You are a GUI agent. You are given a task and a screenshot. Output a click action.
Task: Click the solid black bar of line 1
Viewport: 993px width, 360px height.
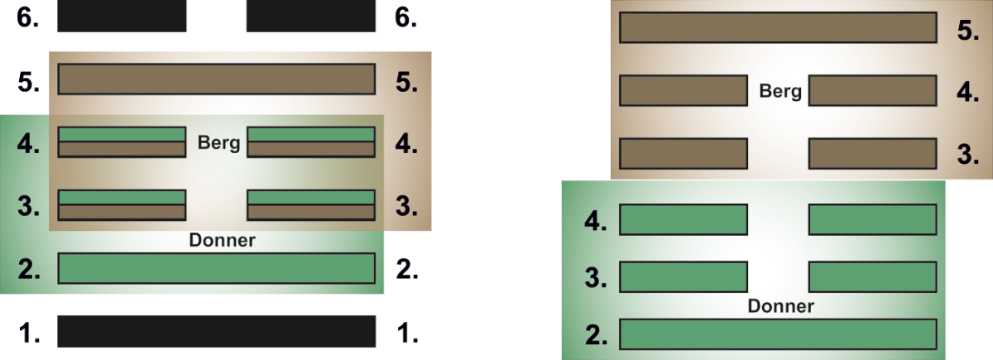click(216, 330)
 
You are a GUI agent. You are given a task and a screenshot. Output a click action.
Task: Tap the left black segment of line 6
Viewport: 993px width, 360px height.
click(122, 17)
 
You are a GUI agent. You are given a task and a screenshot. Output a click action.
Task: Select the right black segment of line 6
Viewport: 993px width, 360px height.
click(311, 17)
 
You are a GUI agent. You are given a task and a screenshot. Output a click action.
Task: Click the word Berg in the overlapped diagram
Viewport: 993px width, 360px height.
click(218, 143)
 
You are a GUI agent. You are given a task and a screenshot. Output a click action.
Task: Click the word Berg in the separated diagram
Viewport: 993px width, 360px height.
click(780, 91)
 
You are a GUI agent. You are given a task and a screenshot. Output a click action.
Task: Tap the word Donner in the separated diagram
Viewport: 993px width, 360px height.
click(780, 306)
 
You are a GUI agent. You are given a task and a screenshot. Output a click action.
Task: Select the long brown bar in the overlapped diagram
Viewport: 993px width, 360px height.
click(216, 80)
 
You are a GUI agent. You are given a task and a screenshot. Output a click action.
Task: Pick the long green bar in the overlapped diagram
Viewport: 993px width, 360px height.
click(216, 268)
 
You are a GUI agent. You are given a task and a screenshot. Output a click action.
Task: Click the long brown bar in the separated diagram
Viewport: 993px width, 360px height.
click(778, 27)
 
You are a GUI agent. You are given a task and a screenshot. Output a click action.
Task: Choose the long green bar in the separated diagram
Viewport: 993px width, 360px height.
click(778, 334)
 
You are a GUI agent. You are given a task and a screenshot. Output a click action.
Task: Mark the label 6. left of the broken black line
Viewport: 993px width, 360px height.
click(30, 18)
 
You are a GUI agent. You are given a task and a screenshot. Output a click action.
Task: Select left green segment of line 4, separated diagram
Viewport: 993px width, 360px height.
click(684, 219)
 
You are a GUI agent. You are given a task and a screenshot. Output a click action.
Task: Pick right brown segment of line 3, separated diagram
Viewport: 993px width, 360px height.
click(872, 153)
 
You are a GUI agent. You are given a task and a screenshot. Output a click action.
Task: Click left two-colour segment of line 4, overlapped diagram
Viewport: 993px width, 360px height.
click(122, 142)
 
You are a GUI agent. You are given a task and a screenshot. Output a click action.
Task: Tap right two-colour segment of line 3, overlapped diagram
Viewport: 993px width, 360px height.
click(311, 205)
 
